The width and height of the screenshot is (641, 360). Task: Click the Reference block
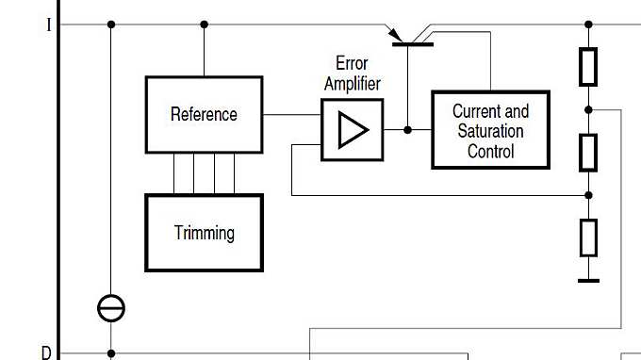[204, 114]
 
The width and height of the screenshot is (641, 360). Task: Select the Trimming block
[204, 233]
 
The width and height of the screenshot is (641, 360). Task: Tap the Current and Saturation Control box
[490, 130]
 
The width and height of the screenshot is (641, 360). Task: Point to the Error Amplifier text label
[353, 74]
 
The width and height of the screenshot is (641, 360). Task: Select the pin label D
[46, 352]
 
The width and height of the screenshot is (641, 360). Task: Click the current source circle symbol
[111, 307]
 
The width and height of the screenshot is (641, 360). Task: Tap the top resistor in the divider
[588, 66]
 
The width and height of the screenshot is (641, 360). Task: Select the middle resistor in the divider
[588, 152]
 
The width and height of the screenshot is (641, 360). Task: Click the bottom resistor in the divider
[588, 237]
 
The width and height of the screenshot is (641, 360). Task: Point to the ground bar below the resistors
[588, 280]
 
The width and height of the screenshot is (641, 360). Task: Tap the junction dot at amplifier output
[407, 130]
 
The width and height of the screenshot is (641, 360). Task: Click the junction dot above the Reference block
[204, 25]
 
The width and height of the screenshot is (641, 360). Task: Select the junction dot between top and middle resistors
[588, 109]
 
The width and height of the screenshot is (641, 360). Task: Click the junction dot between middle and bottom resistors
[588, 195]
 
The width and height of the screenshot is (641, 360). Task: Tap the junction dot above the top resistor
[588, 25]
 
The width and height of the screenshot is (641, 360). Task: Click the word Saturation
[490, 131]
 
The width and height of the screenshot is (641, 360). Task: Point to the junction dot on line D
[111, 354]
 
